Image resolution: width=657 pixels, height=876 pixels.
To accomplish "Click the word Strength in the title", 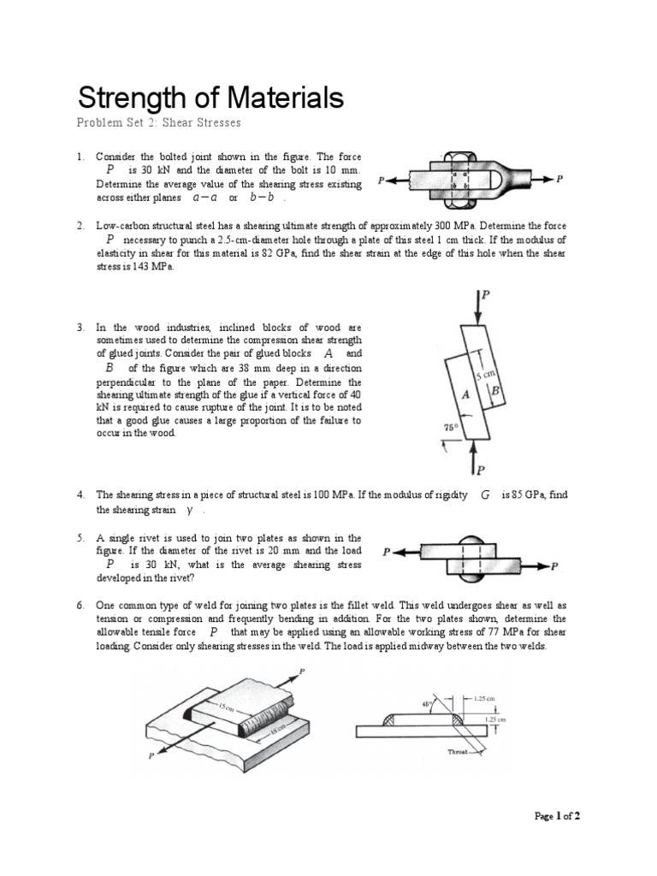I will tap(130, 98).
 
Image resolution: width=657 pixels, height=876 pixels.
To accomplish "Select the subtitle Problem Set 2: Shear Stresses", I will tap(158, 123).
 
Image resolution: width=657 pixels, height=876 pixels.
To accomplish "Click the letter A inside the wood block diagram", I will tap(465, 395).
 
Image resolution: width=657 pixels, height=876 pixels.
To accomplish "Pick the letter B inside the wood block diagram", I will tap(495, 389).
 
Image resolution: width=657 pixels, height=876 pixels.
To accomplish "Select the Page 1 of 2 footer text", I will tap(557, 816).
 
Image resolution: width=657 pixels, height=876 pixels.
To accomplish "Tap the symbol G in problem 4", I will tap(485, 495).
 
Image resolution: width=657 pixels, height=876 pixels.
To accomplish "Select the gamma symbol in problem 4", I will tap(188, 510).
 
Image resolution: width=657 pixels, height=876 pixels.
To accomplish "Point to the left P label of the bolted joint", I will tap(381, 181).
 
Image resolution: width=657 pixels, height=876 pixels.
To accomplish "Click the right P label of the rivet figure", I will tap(555, 566).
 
